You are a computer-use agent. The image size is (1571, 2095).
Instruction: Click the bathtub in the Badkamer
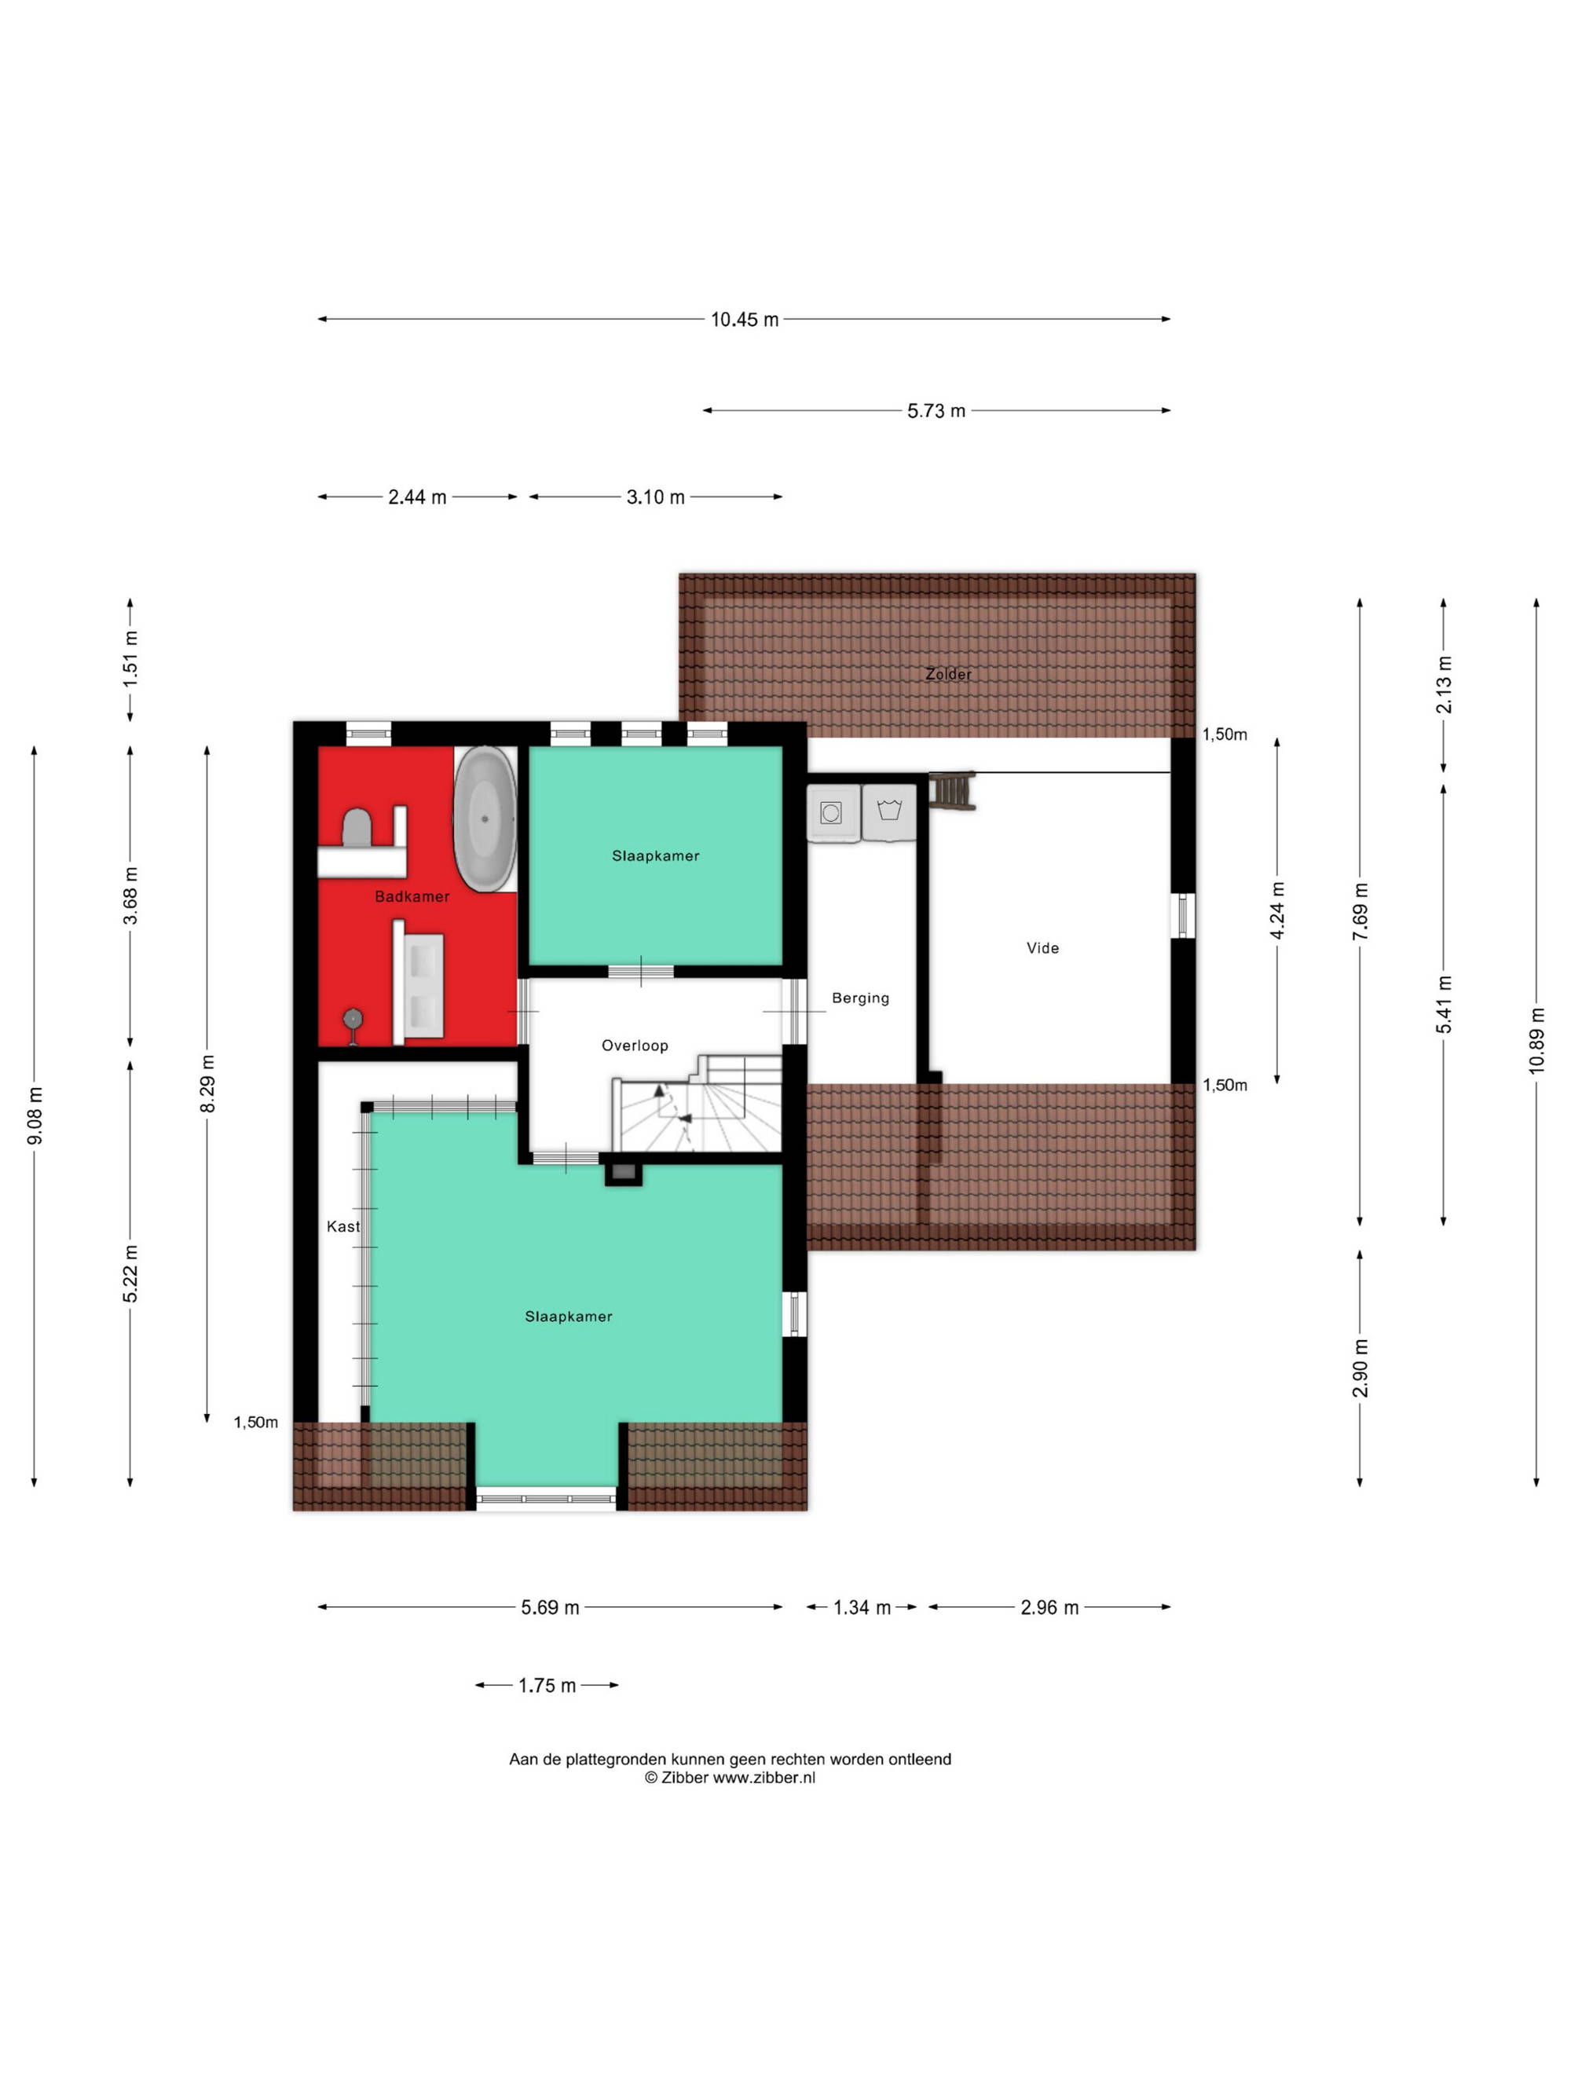[x=485, y=819]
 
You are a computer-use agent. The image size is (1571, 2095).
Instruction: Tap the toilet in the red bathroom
[x=355, y=828]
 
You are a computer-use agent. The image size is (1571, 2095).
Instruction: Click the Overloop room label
[x=635, y=1046]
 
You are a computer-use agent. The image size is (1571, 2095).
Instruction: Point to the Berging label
[x=860, y=998]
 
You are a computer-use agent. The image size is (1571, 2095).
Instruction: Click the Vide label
[x=1042, y=948]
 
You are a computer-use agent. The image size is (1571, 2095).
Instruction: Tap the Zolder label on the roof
[x=948, y=674]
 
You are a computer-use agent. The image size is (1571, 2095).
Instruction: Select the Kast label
[x=342, y=1226]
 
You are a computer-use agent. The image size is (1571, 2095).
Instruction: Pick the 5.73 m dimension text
[x=936, y=411]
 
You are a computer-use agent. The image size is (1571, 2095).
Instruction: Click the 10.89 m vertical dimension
[x=1536, y=1040]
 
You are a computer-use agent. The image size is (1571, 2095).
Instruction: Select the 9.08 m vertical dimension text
[x=35, y=1115]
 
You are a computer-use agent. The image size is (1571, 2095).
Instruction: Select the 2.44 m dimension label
[x=416, y=497]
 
